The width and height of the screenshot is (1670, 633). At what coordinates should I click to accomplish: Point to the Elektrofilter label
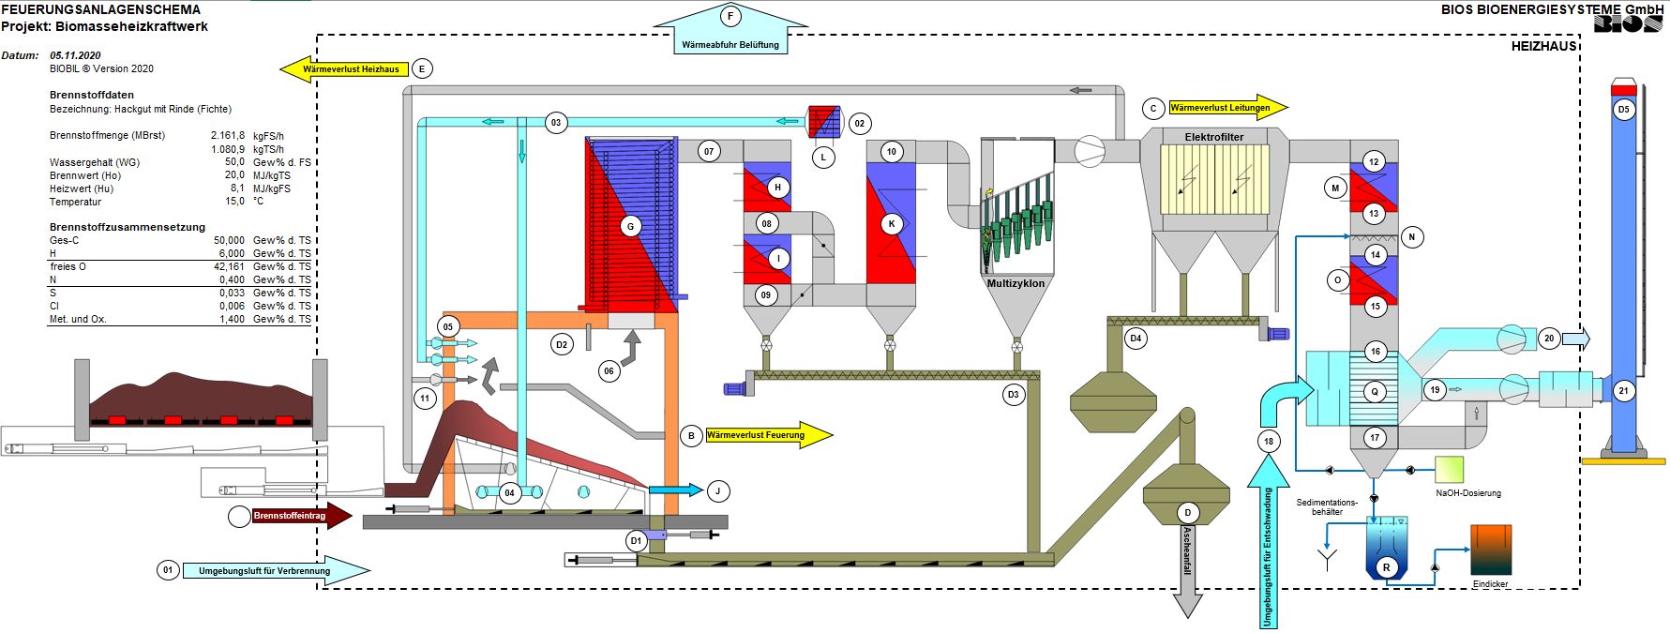tap(1214, 137)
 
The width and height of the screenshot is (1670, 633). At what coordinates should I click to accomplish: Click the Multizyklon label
tap(1016, 283)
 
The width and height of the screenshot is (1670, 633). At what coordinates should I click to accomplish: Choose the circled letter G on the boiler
tap(630, 226)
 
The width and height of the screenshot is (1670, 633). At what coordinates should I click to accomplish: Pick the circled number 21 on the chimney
tap(1624, 391)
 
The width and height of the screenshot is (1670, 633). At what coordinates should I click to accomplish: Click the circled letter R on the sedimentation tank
tap(1387, 567)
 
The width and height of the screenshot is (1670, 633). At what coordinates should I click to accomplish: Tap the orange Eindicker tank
tap(1491, 550)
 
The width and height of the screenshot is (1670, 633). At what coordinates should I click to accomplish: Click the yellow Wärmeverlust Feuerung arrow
tap(768, 435)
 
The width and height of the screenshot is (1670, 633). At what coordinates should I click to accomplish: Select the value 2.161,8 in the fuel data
tap(227, 135)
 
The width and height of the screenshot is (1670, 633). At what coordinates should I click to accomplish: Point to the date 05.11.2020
tap(75, 55)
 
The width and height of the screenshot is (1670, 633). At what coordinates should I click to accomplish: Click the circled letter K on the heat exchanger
tap(892, 224)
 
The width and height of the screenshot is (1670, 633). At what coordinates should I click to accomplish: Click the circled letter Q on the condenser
tap(1375, 392)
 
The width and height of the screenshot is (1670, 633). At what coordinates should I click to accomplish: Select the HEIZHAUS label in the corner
tap(1544, 46)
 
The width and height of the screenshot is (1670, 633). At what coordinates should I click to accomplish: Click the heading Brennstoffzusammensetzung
tap(128, 227)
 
